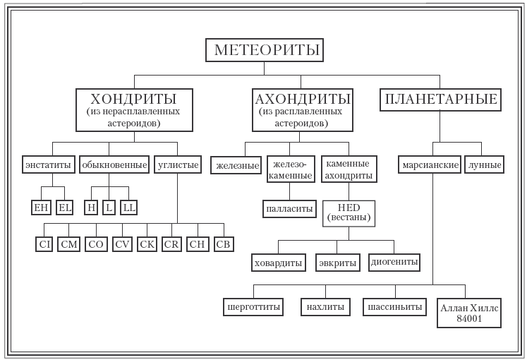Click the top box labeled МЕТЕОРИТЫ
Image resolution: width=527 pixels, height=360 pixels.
coord(265,50)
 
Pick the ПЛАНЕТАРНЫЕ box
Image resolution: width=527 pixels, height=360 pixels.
coord(440,100)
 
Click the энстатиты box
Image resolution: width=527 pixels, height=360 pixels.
coord(48,165)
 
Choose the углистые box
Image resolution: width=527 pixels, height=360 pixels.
coord(176,165)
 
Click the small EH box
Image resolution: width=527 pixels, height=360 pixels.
coord(42,208)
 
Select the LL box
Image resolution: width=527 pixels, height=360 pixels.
coord(128,208)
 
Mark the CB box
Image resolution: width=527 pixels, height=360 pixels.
coord(223,245)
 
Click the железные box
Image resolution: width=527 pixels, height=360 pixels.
coord(235,165)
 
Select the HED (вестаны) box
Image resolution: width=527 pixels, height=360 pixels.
coord(349,213)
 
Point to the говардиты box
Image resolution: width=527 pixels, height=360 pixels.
coord(278,263)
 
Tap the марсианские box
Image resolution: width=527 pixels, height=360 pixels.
coord(427,165)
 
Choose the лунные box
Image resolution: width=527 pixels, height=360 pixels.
coord(485,165)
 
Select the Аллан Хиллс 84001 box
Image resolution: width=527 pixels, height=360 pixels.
coord(469,312)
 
